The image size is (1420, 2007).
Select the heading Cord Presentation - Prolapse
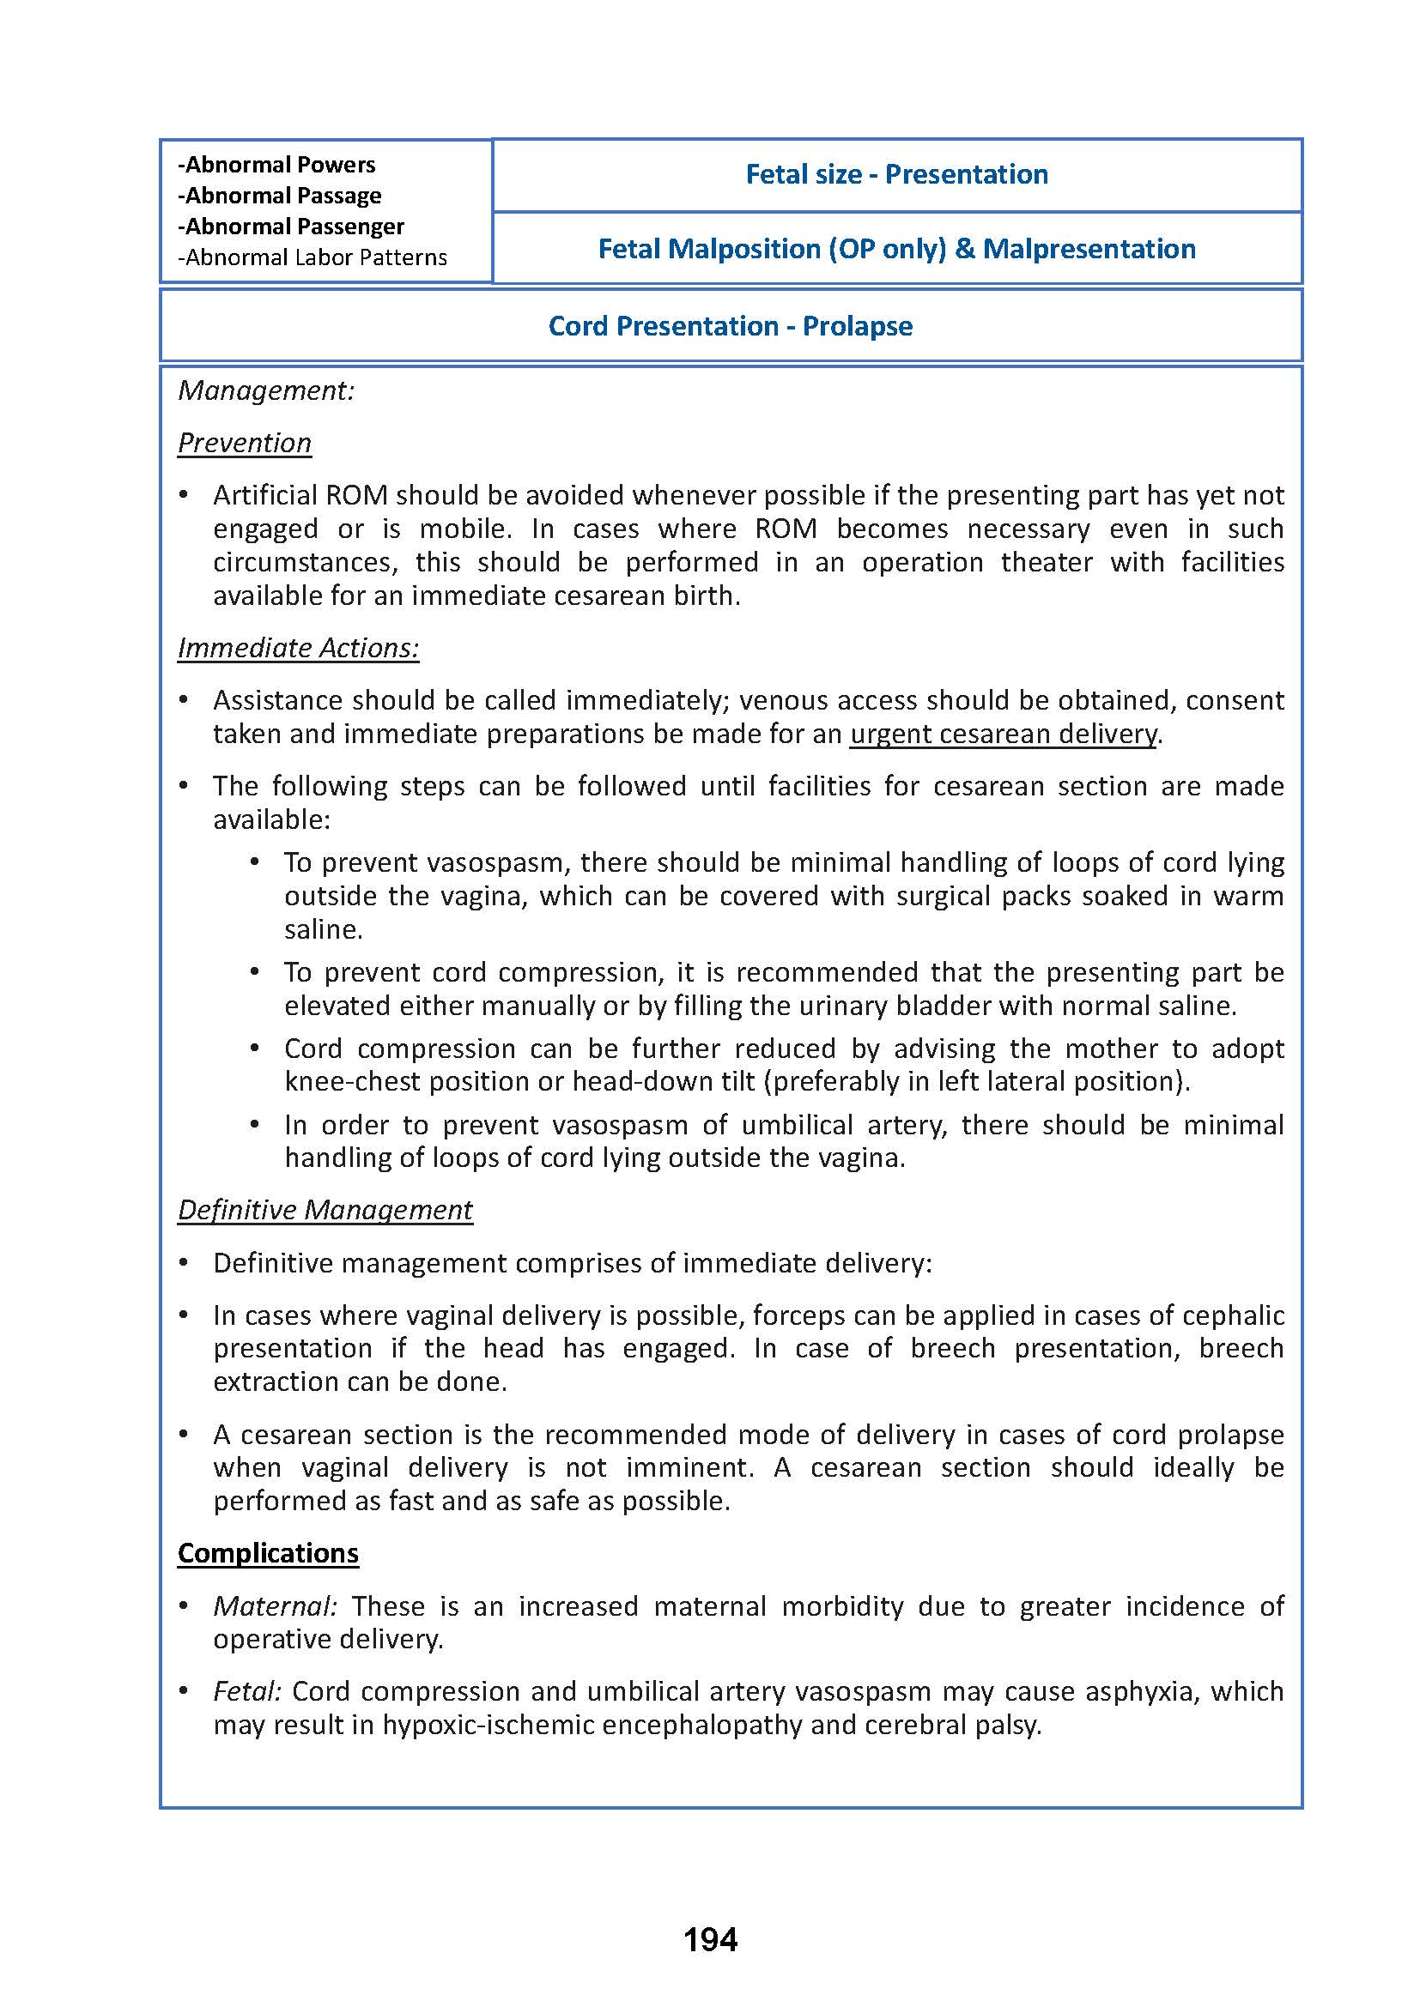coord(730,326)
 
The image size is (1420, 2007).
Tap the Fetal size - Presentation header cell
coord(896,175)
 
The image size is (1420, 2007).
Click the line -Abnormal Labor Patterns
coord(313,258)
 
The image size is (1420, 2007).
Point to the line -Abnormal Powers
coord(276,166)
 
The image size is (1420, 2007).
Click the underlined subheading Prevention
coord(245,443)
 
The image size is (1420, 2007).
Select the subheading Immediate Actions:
coord(298,648)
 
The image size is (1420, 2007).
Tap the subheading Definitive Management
coord(325,1210)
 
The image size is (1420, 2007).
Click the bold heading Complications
coord(268,1552)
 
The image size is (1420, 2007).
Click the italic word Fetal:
coord(247,1691)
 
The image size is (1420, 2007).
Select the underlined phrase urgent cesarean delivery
coord(1003,734)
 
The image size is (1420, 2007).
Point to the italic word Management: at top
coord(266,390)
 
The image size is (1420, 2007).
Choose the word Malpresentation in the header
coord(1089,249)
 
